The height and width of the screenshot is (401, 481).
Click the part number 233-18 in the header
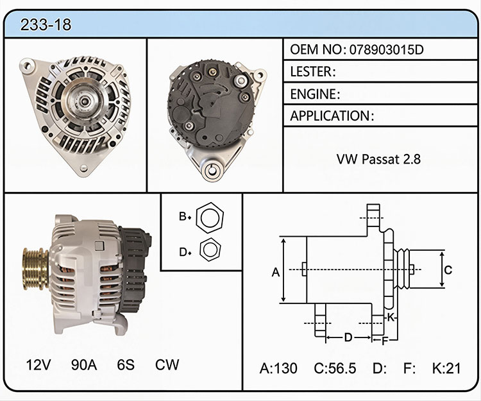point(46,25)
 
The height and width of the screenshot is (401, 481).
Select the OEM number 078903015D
point(387,49)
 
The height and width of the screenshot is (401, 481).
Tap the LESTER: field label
point(313,72)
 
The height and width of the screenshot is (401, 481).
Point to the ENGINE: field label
point(315,94)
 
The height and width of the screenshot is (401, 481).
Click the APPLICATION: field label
point(332,116)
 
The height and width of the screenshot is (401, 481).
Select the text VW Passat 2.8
point(378,159)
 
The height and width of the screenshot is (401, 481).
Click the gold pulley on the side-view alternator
point(35,269)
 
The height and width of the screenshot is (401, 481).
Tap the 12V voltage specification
point(38,365)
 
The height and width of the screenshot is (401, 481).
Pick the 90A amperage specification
point(84,365)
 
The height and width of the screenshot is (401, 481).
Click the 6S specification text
point(126,365)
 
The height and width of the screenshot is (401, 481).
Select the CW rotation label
point(167,365)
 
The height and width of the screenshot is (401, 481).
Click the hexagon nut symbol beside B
point(210,218)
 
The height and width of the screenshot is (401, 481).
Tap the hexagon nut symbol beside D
point(210,249)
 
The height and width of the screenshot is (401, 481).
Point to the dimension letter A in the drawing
point(276,272)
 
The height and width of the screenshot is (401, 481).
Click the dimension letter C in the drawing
point(448,270)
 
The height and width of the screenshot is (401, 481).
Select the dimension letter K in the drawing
point(391,317)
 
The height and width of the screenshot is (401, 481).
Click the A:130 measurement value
point(278,368)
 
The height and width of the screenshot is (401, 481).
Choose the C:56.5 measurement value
point(335,368)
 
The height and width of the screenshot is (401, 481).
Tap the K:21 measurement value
point(446,368)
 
